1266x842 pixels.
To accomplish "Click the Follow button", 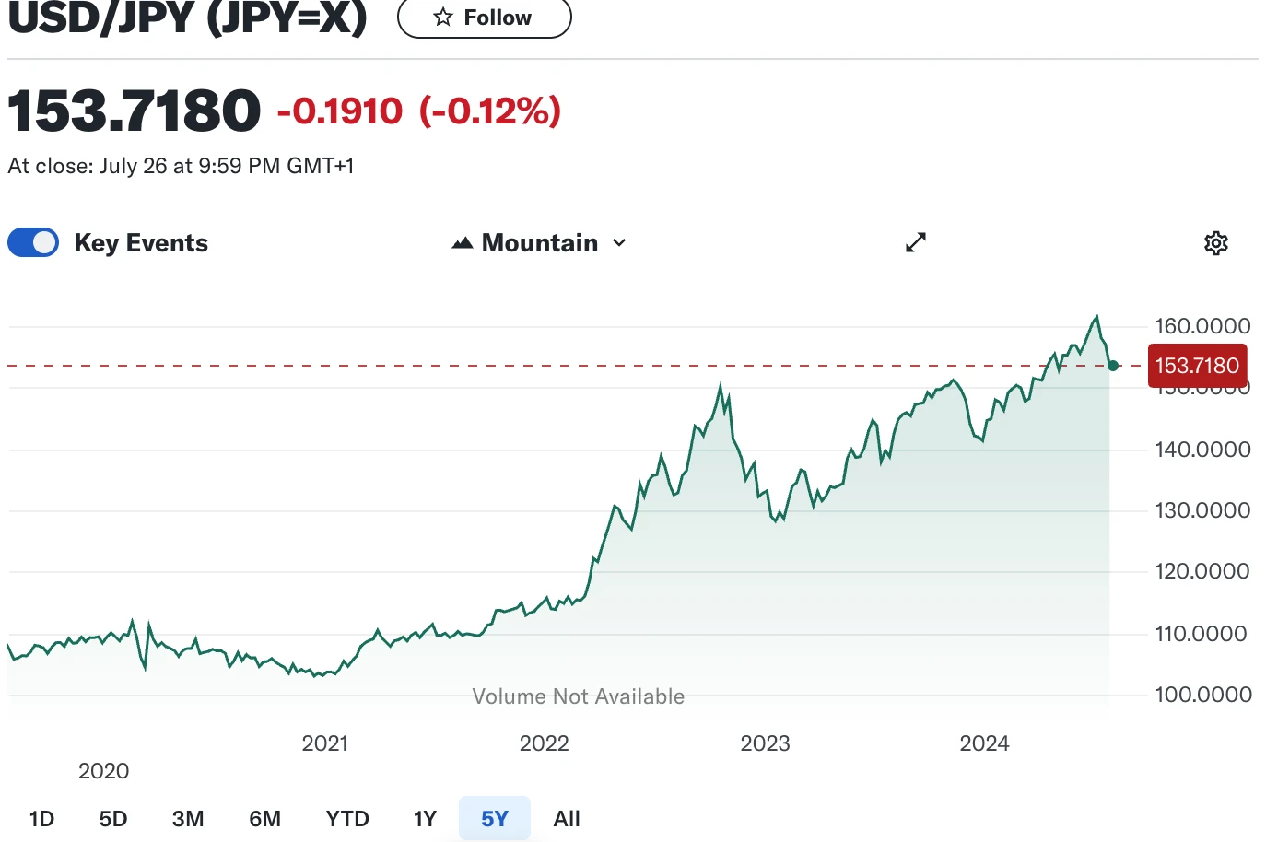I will point(484,18).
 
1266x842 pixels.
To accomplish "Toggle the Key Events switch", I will point(33,243).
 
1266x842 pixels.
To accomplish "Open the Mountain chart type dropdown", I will point(540,243).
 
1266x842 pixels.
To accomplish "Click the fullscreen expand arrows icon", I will point(915,242).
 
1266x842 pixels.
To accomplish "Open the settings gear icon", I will point(1216,243).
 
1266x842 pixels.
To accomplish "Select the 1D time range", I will point(41,819).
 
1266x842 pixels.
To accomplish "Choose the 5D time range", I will point(113,819).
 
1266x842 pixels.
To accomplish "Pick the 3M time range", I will point(188,819).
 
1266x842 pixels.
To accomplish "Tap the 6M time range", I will point(265,819).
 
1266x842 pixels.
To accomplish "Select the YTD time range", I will point(347,819).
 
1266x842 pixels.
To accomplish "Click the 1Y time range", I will point(425,819).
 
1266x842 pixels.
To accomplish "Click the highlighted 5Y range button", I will point(495,819).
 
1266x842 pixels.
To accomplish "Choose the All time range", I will point(567,819).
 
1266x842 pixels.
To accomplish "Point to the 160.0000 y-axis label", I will point(1202,326).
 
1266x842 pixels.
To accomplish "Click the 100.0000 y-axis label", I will point(1202,695).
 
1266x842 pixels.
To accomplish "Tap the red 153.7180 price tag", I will point(1197,366).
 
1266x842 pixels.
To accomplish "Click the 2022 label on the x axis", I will point(545,743).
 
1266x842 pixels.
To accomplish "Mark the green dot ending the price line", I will point(1113,366).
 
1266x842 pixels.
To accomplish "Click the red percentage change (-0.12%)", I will point(490,111).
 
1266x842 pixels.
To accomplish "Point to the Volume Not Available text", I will point(579,696).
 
